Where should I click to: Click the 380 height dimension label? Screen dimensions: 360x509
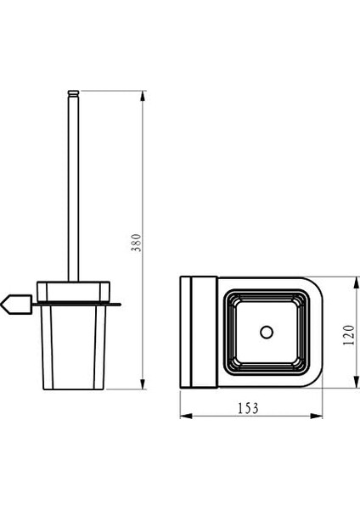click(137, 243)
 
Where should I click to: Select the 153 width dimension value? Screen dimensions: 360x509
click(248, 408)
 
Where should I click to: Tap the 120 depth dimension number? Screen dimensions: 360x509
click(349, 335)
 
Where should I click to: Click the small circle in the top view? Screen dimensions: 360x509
click(267, 332)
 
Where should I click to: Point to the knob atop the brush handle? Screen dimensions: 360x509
click(73, 92)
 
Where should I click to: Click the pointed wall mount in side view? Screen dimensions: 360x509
click(16, 305)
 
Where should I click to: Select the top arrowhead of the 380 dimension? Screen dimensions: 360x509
click(143, 96)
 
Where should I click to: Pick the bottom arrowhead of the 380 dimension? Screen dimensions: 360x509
click(143, 383)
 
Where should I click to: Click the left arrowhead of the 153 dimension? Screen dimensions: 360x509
click(186, 416)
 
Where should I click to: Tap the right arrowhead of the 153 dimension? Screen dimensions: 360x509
click(316, 416)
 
